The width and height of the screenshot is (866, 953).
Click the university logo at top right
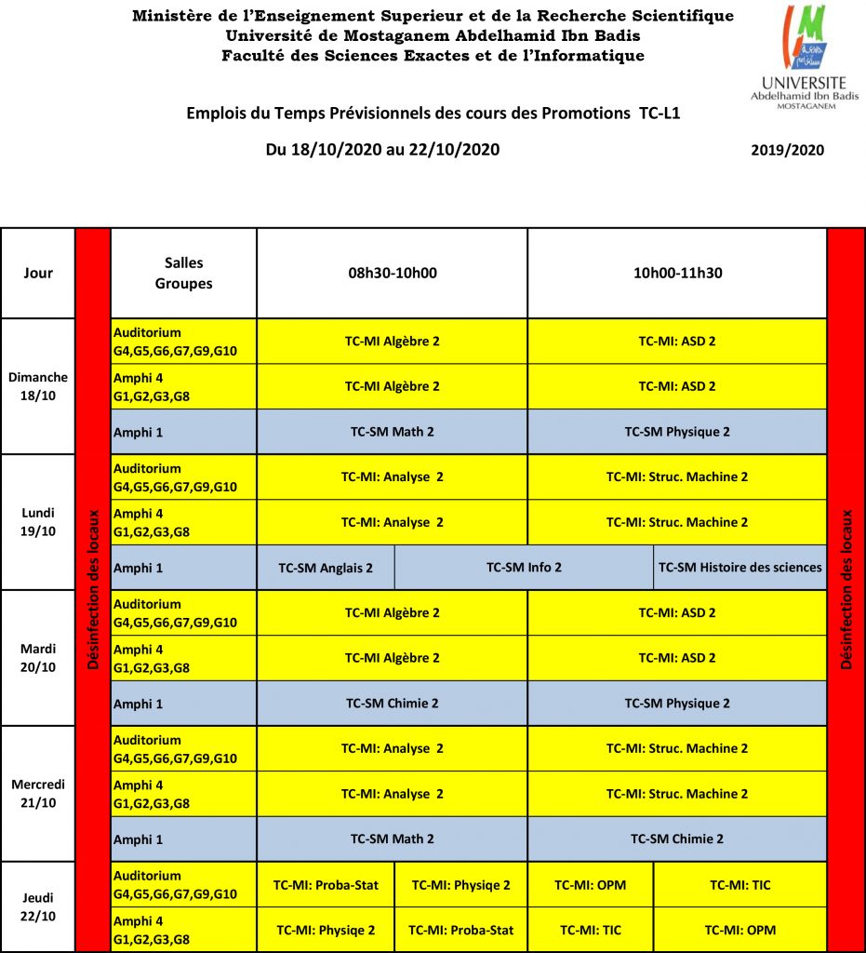click(805, 57)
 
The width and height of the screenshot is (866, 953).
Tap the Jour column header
click(38, 274)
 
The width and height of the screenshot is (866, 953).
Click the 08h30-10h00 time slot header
click(392, 274)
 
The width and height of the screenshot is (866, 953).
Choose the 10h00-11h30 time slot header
click(677, 274)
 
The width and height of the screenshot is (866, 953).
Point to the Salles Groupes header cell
click(183, 274)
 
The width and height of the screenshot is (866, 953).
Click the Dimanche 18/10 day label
click(38, 386)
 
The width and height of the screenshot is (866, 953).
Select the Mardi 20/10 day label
click(38, 657)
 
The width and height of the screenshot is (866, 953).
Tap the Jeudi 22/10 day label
click(38, 906)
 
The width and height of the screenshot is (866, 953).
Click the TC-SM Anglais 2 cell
click(326, 568)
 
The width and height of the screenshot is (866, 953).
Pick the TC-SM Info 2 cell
click(524, 568)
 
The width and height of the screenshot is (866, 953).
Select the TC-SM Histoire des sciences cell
click(739, 568)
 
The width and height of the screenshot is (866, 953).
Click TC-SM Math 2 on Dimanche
click(392, 432)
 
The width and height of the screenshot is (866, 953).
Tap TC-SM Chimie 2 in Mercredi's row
click(677, 839)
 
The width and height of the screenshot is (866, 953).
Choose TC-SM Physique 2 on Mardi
click(677, 704)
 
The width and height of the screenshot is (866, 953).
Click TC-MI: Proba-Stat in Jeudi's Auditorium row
click(326, 885)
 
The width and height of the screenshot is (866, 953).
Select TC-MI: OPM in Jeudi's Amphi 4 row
click(739, 930)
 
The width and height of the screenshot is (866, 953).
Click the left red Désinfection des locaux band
click(93, 589)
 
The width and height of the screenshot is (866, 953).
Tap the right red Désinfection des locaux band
click(846, 589)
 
